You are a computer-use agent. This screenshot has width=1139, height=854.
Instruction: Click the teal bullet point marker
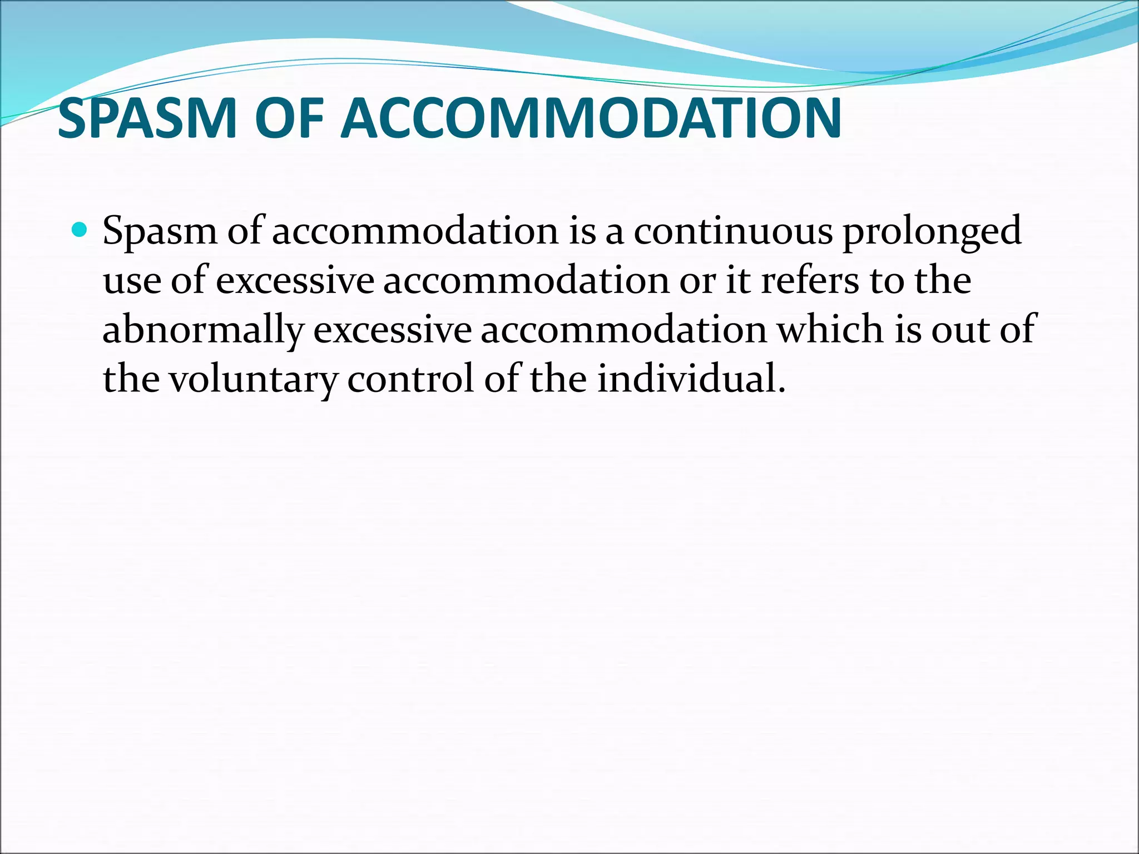tap(80, 229)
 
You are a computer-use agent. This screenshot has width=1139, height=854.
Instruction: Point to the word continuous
tap(733, 231)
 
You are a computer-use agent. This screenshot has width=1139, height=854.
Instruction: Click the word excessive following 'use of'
tap(295, 281)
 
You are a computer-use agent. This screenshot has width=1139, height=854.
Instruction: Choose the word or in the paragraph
tap(697, 281)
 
